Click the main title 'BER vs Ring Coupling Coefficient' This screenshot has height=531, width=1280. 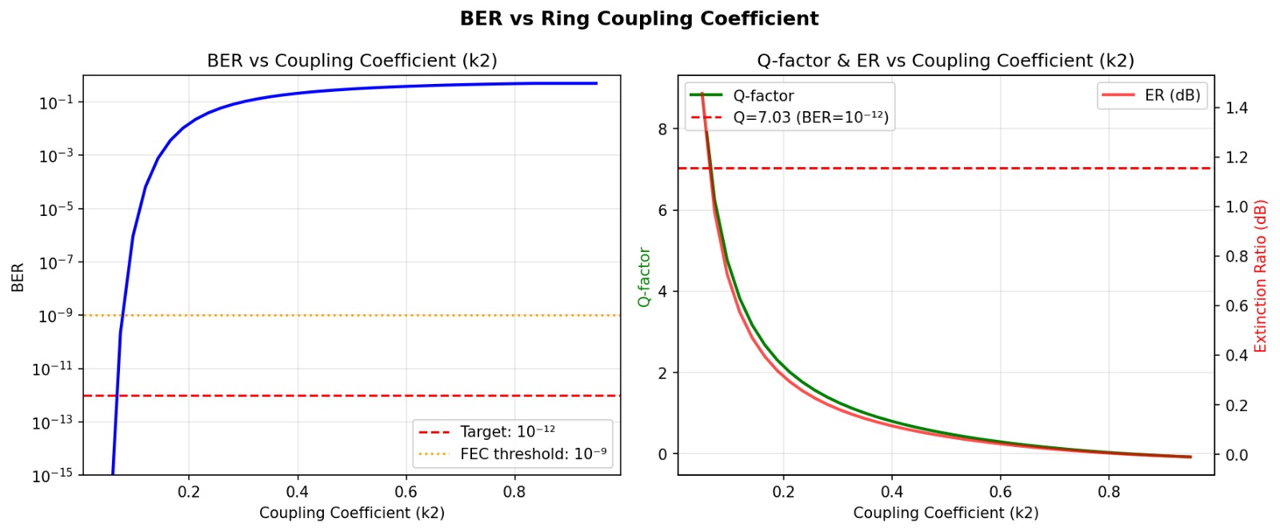pos(639,18)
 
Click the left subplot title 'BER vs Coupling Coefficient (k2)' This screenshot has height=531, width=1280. pos(352,61)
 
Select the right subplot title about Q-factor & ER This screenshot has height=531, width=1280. pos(946,61)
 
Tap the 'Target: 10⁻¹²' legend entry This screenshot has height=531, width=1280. pos(507,432)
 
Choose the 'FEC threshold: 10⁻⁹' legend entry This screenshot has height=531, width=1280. pos(533,454)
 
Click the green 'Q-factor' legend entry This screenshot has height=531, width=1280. pos(763,96)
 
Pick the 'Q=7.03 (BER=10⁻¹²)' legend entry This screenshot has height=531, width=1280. pos(810,118)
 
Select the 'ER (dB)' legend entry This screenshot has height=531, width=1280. pos(1172,95)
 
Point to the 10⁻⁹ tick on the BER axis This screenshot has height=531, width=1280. pos(55,316)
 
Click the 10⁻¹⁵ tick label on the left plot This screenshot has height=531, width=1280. pos(52,476)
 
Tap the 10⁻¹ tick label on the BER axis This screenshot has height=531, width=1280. pos(55,102)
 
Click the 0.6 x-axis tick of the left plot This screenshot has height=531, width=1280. pos(406,492)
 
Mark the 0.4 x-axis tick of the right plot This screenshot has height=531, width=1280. pos(892,492)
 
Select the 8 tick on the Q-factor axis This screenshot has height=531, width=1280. pos(662,129)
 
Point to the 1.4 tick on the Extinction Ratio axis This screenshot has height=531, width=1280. pos(1237,108)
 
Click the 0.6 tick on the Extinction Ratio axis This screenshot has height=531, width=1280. pos(1237,306)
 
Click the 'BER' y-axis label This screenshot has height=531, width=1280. pos(18,277)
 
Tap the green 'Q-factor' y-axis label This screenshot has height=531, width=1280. pos(644,277)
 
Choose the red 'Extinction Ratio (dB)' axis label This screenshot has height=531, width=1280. pos(1261,277)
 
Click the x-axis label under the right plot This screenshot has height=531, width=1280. pos(946,513)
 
